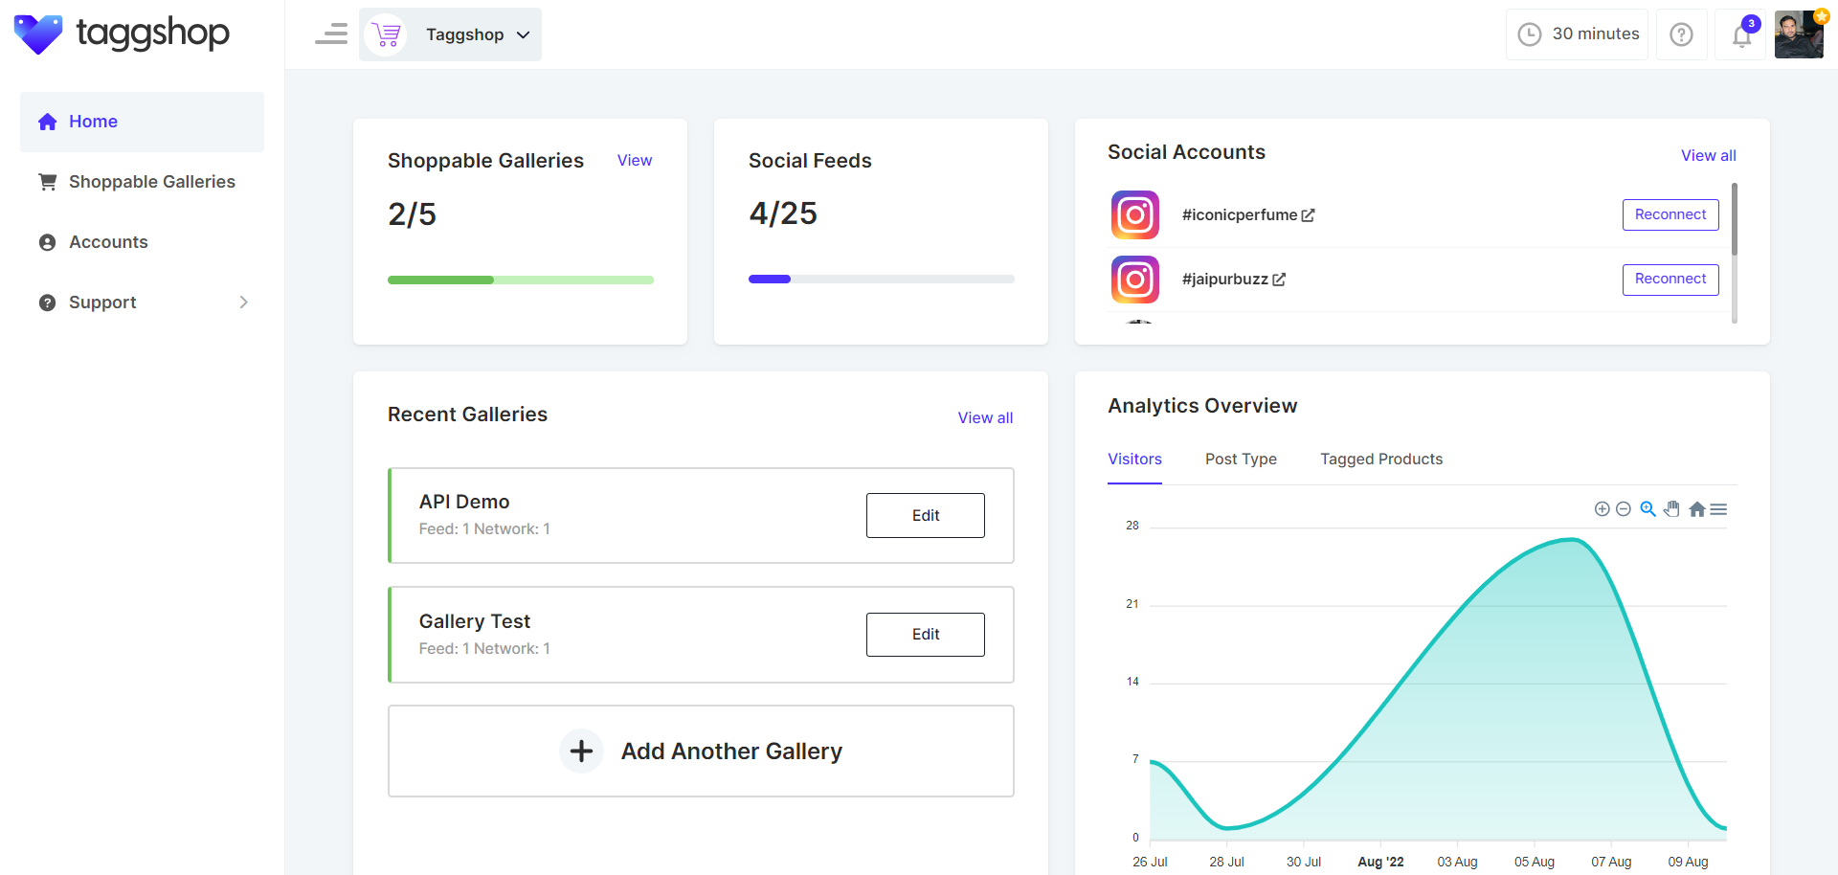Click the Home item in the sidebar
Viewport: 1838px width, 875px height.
point(93,122)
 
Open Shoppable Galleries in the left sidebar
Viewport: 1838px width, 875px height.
point(151,182)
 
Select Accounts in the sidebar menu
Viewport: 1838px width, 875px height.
point(108,242)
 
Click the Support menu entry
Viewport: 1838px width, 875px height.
point(102,303)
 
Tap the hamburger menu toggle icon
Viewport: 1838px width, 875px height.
point(331,34)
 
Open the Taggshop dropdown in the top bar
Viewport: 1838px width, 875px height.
point(450,34)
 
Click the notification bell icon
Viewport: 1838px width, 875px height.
point(1741,35)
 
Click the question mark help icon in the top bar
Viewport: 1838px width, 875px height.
point(1681,34)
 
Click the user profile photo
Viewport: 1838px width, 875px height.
point(1799,34)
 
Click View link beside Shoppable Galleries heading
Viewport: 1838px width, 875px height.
point(635,161)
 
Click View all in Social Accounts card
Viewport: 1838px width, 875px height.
point(1708,155)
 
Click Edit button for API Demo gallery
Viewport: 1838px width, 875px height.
point(925,515)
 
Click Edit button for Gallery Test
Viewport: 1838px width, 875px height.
point(925,635)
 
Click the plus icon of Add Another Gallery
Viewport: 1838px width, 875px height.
point(581,752)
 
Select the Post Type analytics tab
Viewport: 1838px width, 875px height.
point(1241,460)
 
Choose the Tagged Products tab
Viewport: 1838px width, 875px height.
point(1380,460)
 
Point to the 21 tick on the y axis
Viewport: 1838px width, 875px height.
point(1132,604)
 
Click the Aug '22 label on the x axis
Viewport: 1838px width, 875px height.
point(1380,862)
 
